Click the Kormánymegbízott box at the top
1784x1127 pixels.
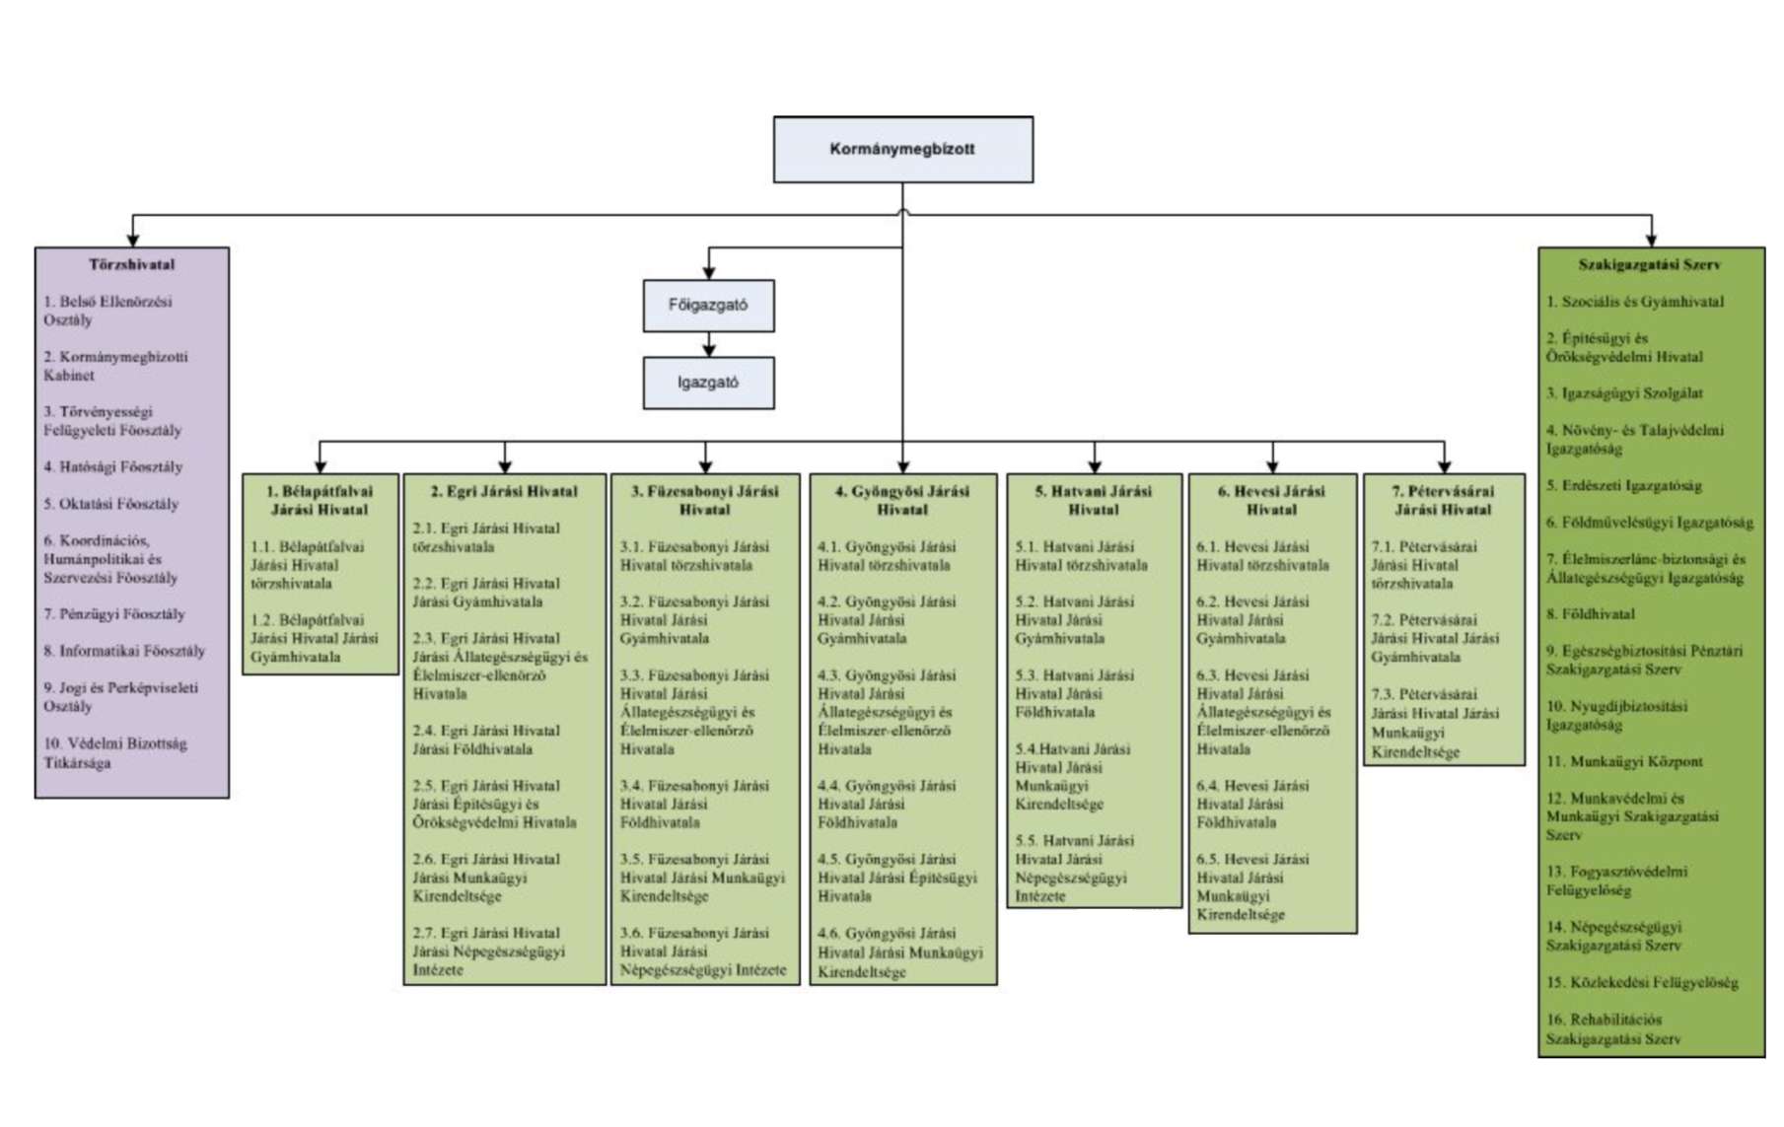[x=902, y=149]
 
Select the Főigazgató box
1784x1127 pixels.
[x=708, y=306]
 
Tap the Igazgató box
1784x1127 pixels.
[x=708, y=383]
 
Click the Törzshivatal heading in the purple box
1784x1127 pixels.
[x=132, y=264]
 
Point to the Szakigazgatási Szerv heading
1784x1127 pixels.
[x=1649, y=264]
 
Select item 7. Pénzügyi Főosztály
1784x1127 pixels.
[x=114, y=614]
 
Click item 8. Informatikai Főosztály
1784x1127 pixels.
[x=124, y=651]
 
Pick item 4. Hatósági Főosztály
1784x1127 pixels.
[x=113, y=466]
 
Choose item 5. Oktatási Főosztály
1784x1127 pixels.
[x=111, y=504]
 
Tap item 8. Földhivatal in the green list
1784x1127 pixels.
[x=1590, y=614]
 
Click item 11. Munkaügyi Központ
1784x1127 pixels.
[x=1624, y=761]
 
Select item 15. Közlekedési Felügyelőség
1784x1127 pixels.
[x=1642, y=982]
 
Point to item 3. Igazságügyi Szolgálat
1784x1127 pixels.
[x=1624, y=392]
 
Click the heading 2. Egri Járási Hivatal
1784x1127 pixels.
[x=504, y=491]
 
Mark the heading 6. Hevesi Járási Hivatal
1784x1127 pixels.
[x=1271, y=500]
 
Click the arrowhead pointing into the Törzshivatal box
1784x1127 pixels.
[x=133, y=240]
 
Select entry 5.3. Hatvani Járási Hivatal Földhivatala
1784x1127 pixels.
[x=1074, y=693]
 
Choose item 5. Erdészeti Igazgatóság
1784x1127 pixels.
[x=1623, y=485]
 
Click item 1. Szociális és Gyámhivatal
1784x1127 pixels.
[x=1635, y=302]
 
